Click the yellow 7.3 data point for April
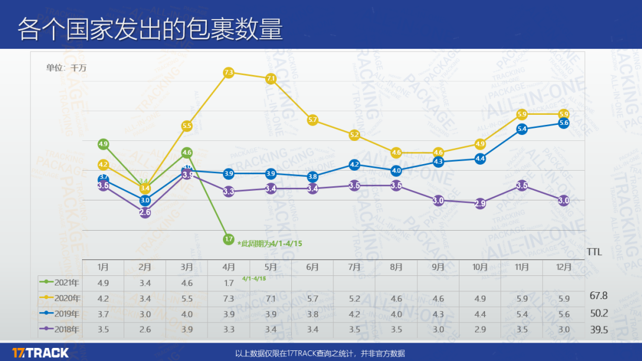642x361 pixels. click(x=229, y=73)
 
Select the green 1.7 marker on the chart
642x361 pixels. click(x=229, y=239)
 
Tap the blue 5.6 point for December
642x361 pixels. click(x=564, y=123)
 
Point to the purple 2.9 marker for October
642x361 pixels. click(x=480, y=203)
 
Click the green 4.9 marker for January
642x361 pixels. click(x=103, y=144)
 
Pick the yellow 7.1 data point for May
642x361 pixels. click(x=270, y=79)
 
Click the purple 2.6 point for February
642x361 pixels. click(x=145, y=212)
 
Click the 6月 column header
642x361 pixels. click(x=313, y=268)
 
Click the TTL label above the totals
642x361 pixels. click(x=594, y=252)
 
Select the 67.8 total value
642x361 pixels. click(x=599, y=296)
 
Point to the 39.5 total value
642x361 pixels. click(x=599, y=330)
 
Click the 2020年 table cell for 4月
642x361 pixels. click(x=229, y=298)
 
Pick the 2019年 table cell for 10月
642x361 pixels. click(x=480, y=314)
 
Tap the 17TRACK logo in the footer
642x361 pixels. click(x=40, y=353)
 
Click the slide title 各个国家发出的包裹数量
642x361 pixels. click(x=150, y=29)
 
